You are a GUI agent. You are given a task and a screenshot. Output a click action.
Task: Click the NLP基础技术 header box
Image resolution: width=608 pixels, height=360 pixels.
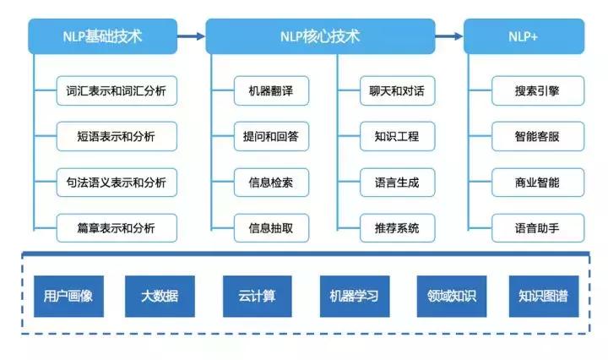(102, 37)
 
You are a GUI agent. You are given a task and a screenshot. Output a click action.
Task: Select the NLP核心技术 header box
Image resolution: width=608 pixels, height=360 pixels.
(320, 37)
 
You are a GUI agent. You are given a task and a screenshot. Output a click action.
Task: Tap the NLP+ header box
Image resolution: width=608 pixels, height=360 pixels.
(524, 37)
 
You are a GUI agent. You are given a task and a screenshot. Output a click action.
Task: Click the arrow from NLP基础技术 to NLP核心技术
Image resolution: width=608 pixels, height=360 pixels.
(191, 37)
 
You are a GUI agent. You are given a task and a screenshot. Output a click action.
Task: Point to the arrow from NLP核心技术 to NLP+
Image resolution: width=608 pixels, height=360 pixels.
(449, 37)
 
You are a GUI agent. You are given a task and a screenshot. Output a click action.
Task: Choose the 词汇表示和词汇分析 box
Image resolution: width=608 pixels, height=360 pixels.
(116, 90)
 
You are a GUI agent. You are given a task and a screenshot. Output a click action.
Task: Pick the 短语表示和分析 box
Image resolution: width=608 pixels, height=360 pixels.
(116, 135)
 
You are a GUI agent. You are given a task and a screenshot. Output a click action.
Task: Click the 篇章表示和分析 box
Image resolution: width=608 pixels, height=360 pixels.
(116, 226)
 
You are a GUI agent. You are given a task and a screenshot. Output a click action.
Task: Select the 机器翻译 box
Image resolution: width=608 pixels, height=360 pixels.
(272, 90)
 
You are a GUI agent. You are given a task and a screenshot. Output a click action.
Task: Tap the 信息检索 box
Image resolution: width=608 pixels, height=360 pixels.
(272, 181)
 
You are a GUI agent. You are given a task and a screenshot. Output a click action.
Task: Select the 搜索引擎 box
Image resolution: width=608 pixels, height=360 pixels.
(537, 90)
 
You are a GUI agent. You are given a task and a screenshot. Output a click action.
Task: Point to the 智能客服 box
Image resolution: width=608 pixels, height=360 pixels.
(537, 135)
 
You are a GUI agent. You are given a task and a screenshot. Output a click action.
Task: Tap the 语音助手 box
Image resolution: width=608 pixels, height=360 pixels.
(537, 226)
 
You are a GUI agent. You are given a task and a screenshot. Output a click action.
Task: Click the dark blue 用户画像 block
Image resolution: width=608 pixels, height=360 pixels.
(67, 297)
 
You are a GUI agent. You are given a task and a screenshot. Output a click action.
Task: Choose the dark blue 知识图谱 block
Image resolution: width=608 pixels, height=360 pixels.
(544, 297)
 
